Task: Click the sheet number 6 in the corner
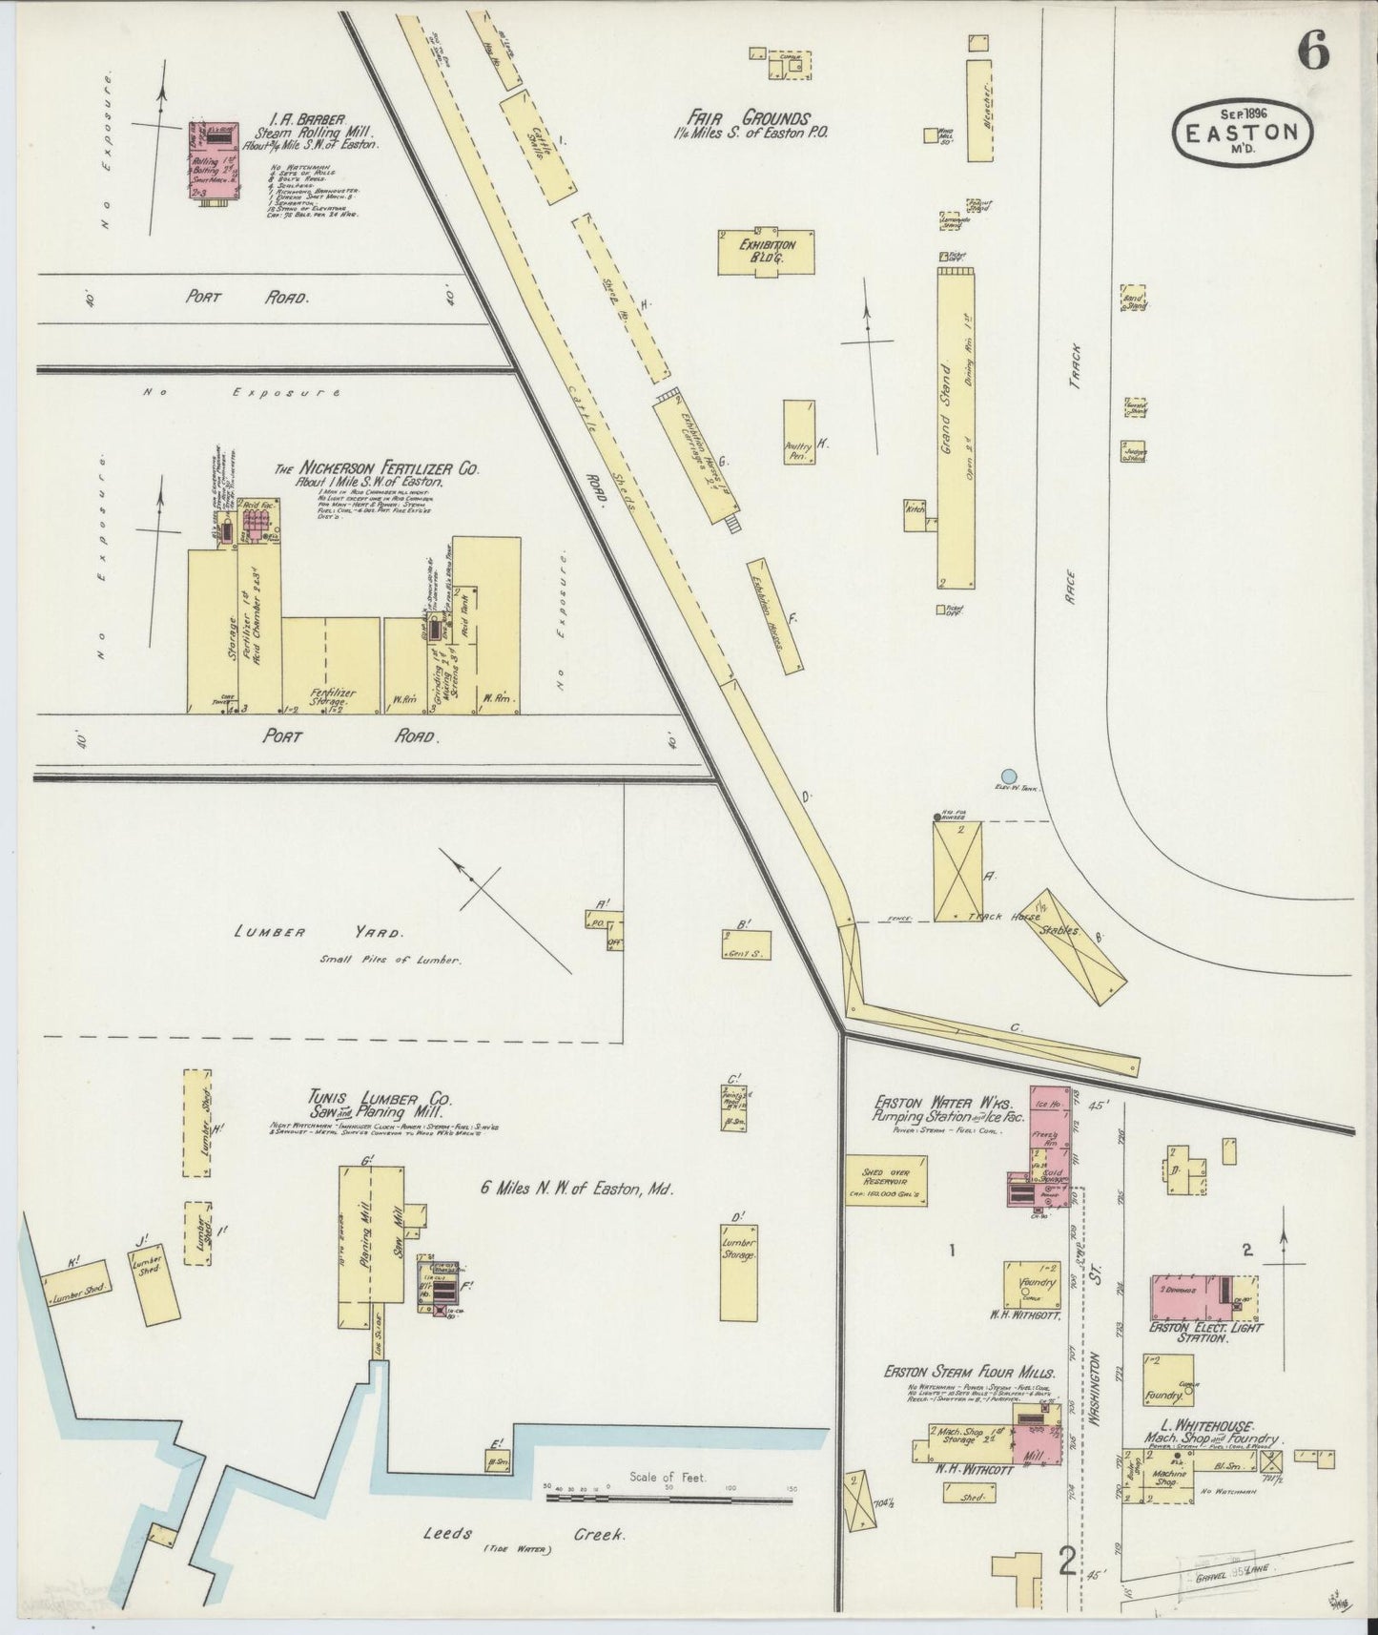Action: (1312, 52)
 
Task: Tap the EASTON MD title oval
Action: (1243, 132)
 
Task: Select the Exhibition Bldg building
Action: (766, 252)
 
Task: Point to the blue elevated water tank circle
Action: (1009, 776)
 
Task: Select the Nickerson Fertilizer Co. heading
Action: (377, 470)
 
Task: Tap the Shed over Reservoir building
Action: (886, 1180)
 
